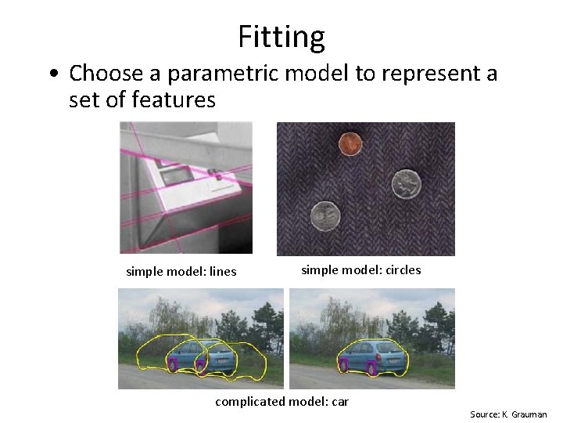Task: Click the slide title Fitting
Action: (x=281, y=37)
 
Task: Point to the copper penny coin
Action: (x=349, y=143)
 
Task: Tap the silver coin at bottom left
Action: (x=325, y=215)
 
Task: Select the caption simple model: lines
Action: (x=181, y=272)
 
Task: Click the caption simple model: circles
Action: (x=360, y=270)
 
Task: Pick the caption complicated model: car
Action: (x=281, y=402)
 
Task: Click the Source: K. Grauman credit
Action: (x=508, y=414)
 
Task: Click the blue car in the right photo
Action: (x=373, y=356)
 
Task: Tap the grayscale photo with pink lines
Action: (x=186, y=188)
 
